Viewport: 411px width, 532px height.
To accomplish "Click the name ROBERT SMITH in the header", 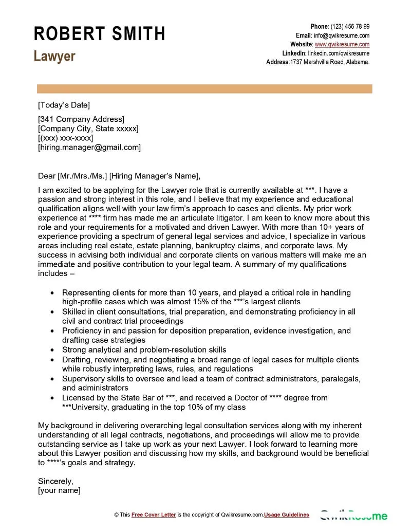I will (x=100, y=34).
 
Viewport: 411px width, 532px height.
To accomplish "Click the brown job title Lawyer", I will (x=54, y=56).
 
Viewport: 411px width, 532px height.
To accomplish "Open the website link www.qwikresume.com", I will (x=342, y=44).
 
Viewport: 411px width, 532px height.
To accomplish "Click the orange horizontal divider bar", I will (x=204, y=89).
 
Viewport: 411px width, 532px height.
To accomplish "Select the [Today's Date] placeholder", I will (x=64, y=105).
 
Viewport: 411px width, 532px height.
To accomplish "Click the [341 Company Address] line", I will (x=81, y=119).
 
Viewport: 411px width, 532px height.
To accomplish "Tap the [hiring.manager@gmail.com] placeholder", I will (x=89, y=148).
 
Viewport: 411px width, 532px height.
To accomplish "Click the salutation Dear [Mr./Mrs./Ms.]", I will (x=73, y=176).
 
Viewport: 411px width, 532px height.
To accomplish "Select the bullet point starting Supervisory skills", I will (x=211, y=379).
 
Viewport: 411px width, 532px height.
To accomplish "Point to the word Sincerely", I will (x=55, y=482).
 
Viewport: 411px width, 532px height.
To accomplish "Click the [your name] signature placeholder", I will (x=59, y=491).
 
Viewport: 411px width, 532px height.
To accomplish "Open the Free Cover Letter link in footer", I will (x=154, y=515).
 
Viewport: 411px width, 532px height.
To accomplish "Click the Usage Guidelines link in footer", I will (x=287, y=515).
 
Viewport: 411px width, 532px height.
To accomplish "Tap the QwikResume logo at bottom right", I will (x=354, y=515).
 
